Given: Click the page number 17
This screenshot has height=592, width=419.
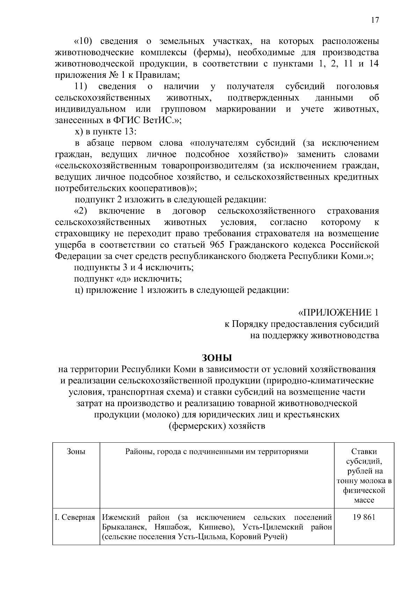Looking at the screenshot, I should [x=375, y=20].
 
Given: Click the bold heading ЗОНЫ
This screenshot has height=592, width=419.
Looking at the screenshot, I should [x=217, y=358].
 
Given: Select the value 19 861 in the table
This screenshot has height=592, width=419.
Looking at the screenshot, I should [x=364, y=517].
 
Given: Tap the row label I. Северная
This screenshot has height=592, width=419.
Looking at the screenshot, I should [x=75, y=517].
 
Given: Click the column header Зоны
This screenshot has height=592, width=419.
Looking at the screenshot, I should [x=76, y=451].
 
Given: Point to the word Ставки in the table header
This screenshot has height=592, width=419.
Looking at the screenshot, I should [x=364, y=451].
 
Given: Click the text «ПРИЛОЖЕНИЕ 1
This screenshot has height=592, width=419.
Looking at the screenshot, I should [x=338, y=312].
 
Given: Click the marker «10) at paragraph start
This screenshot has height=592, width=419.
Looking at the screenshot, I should [x=83, y=42].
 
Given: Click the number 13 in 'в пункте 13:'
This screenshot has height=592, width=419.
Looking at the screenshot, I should [x=126, y=132].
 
